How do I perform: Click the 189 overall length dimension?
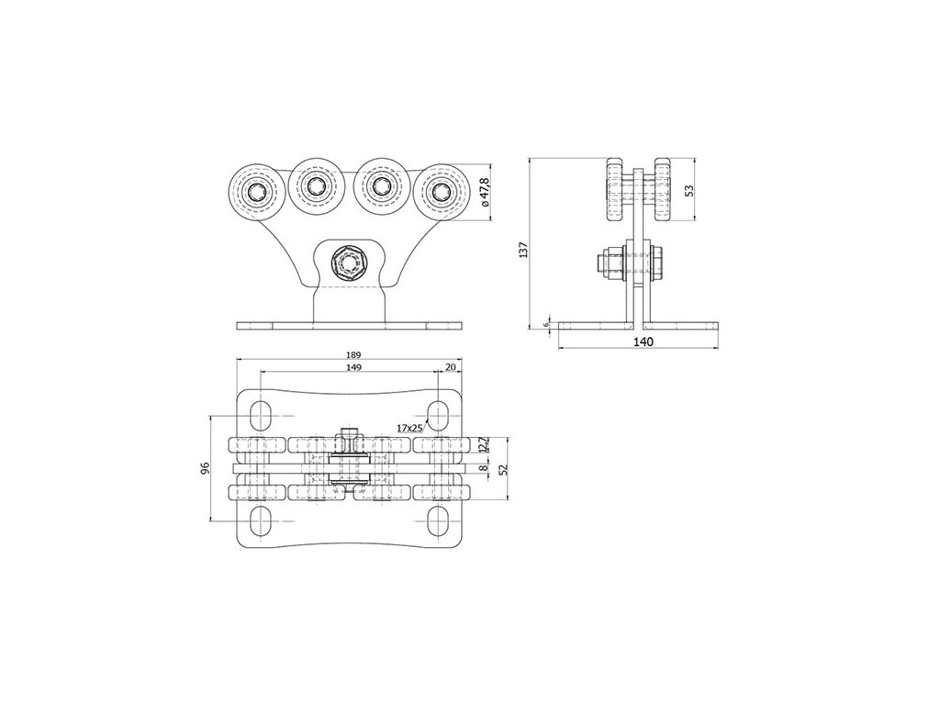(352, 354)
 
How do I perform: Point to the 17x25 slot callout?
(408, 428)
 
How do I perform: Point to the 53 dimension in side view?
(689, 191)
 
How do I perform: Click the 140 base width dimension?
(642, 342)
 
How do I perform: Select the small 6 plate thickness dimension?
(546, 324)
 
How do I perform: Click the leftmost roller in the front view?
(254, 192)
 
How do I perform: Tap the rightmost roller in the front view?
(442, 192)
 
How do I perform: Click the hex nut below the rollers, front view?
(350, 263)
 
